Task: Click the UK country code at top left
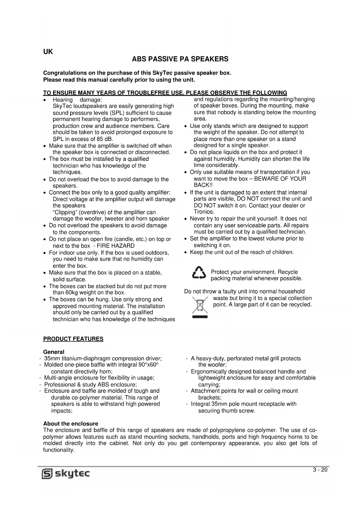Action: [x=48, y=52]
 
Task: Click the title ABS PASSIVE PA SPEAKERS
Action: [x=180, y=59]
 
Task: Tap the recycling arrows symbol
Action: [x=199, y=274]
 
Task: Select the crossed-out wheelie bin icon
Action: [x=200, y=307]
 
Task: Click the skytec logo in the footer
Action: [x=66, y=474]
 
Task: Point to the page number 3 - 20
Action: [x=320, y=470]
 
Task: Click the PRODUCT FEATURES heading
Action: [x=73, y=339]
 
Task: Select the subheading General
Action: [x=54, y=352]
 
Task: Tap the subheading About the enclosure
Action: [x=71, y=424]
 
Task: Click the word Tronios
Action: [x=204, y=212]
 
